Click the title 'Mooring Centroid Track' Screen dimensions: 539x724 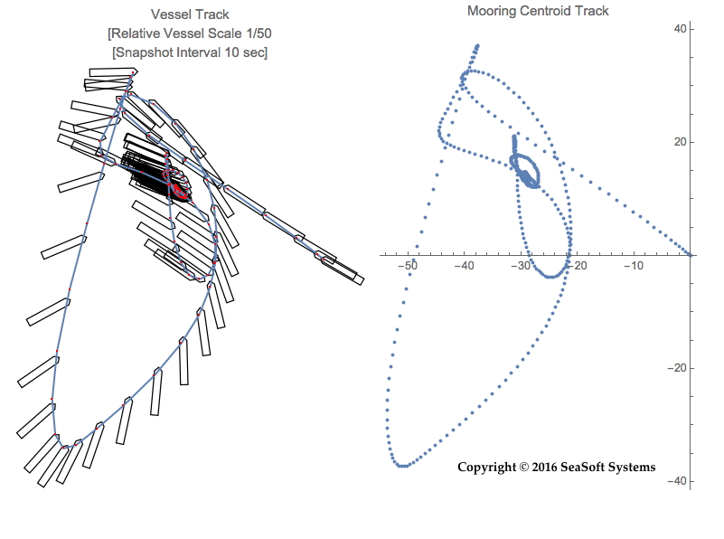538,11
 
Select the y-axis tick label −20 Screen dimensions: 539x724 705,368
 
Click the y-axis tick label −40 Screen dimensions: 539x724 705,481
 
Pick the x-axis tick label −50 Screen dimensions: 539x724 409,266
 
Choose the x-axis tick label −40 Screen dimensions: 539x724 465,266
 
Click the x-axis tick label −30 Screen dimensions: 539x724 521,266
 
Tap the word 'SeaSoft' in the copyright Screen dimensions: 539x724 583,468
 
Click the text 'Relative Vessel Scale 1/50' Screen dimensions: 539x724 190,33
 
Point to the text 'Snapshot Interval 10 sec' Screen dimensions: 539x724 190,52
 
